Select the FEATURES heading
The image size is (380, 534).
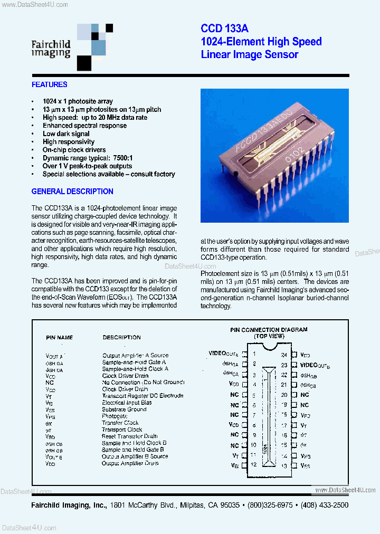coord(50,84)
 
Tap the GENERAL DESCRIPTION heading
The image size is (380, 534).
coord(72,192)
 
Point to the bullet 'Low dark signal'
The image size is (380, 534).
coord(66,133)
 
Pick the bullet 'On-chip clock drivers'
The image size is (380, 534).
coord(74,150)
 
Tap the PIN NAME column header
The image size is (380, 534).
coord(60,337)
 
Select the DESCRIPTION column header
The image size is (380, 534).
coord(121,337)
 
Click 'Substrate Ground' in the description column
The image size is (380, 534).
coord(124,409)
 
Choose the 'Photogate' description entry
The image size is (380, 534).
coord(115,416)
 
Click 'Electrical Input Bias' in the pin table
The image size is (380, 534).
coord(127,402)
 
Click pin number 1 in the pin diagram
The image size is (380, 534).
coord(254,354)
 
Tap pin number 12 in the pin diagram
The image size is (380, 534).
coord(254,465)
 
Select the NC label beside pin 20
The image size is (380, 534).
coord(305,395)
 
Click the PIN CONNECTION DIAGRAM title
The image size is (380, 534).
coord(269,330)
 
